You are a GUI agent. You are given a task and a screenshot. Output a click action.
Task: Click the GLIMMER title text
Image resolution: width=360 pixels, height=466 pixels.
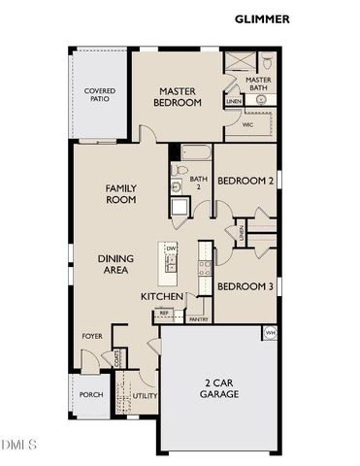(x=262, y=18)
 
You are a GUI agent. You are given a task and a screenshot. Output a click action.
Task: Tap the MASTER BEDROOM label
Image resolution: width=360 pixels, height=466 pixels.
(x=178, y=96)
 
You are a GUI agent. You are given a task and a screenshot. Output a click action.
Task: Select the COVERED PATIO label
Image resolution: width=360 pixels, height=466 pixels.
(x=100, y=95)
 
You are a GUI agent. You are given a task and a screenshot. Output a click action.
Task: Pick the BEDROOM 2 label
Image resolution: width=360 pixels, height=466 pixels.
(x=245, y=182)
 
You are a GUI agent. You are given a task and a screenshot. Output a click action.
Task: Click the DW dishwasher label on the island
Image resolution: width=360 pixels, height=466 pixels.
(x=170, y=250)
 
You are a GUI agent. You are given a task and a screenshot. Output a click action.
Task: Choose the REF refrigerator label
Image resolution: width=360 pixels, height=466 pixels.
(x=164, y=313)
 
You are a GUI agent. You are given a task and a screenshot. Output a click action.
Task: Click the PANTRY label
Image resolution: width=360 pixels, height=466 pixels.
(x=198, y=318)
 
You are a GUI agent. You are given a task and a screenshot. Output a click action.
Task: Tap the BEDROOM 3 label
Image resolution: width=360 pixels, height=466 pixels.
(x=245, y=286)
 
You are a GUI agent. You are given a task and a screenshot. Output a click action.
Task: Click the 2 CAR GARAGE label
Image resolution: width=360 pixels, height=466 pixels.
(x=219, y=388)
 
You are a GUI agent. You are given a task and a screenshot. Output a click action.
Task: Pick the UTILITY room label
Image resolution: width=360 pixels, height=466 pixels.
(x=145, y=396)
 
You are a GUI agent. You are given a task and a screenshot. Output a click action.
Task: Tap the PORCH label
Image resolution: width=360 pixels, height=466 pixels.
(x=91, y=394)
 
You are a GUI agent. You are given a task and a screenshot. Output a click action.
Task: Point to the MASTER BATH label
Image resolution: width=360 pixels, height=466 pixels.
(x=257, y=84)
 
